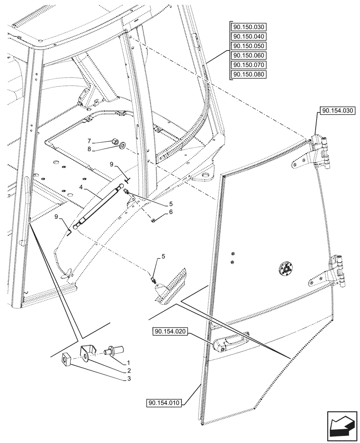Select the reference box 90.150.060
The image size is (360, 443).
click(x=248, y=55)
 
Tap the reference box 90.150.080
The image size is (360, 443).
click(x=248, y=74)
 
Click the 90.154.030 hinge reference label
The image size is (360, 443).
click(x=337, y=110)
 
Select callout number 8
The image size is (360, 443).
click(x=101, y=149)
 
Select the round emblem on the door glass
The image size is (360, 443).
click(x=285, y=268)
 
